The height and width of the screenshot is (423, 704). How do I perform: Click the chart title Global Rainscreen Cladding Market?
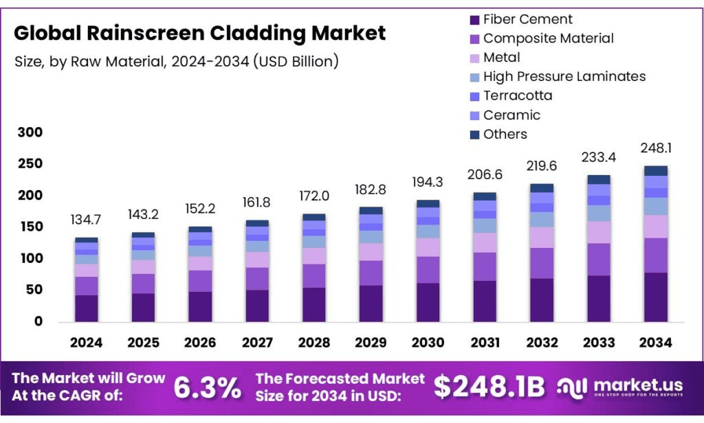200,33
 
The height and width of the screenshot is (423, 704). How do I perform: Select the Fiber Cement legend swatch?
474,20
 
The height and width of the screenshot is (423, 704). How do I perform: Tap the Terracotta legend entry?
517,95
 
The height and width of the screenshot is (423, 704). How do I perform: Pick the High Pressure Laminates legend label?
564,76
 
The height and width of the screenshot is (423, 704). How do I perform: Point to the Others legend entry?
505,134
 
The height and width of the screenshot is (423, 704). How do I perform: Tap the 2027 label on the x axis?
256,343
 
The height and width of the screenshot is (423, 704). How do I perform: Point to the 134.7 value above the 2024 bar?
87,220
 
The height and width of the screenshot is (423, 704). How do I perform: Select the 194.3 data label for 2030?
428,183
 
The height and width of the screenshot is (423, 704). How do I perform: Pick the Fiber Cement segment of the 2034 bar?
656,297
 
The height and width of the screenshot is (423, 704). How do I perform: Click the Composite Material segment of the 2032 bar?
542,263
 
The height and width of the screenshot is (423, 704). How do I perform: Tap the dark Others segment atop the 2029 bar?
371,211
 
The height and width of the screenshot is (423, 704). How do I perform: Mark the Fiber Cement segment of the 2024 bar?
87,308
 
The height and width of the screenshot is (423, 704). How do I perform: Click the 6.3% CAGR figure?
207,388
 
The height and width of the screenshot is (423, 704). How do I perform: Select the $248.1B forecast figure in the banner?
489,388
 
